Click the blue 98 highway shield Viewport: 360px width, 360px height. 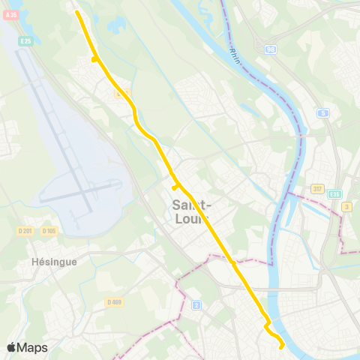click(270, 48)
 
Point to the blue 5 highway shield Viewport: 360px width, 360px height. click(323, 113)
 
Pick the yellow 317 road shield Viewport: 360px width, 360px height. click(317, 189)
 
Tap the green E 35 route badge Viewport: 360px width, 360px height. click(334, 194)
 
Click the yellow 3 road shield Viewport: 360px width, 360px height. click(346, 206)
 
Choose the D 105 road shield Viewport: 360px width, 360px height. click(49, 230)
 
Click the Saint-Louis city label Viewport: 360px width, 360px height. click(192, 211)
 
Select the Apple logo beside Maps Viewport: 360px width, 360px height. click(11, 347)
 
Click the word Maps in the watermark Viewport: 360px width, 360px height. click(32, 347)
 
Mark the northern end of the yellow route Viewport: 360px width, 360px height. click(77, 11)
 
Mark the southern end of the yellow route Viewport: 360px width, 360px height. click(281, 347)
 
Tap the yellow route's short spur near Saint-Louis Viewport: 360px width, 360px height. click(174, 187)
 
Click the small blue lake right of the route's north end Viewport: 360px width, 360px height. click(116, 25)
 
